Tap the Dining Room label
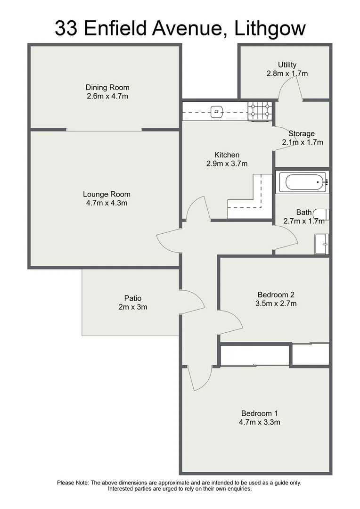click(x=107, y=87)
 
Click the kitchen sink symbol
click(x=216, y=112)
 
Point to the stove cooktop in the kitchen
click(x=260, y=111)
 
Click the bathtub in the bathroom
click(x=302, y=182)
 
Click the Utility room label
click(x=287, y=65)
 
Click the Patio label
click(x=133, y=298)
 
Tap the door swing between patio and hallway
click(x=193, y=302)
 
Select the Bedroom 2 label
click(x=276, y=295)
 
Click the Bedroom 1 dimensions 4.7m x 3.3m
click(x=260, y=422)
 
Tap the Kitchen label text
click(x=227, y=155)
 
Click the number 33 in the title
click(x=66, y=28)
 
